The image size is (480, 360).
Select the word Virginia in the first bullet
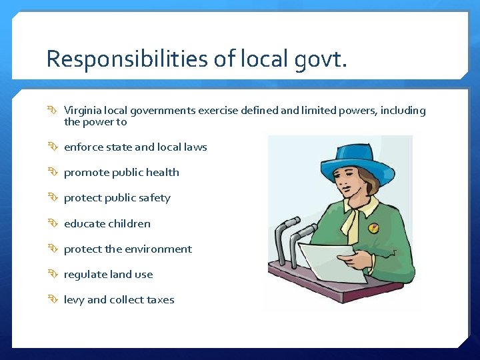(x=82, y=111)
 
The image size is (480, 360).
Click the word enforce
(x=83, y=147)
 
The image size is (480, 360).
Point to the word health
(x=163, y=172)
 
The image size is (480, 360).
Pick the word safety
(x=155, y=198)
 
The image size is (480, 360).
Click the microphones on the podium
(x=293, y=237)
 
